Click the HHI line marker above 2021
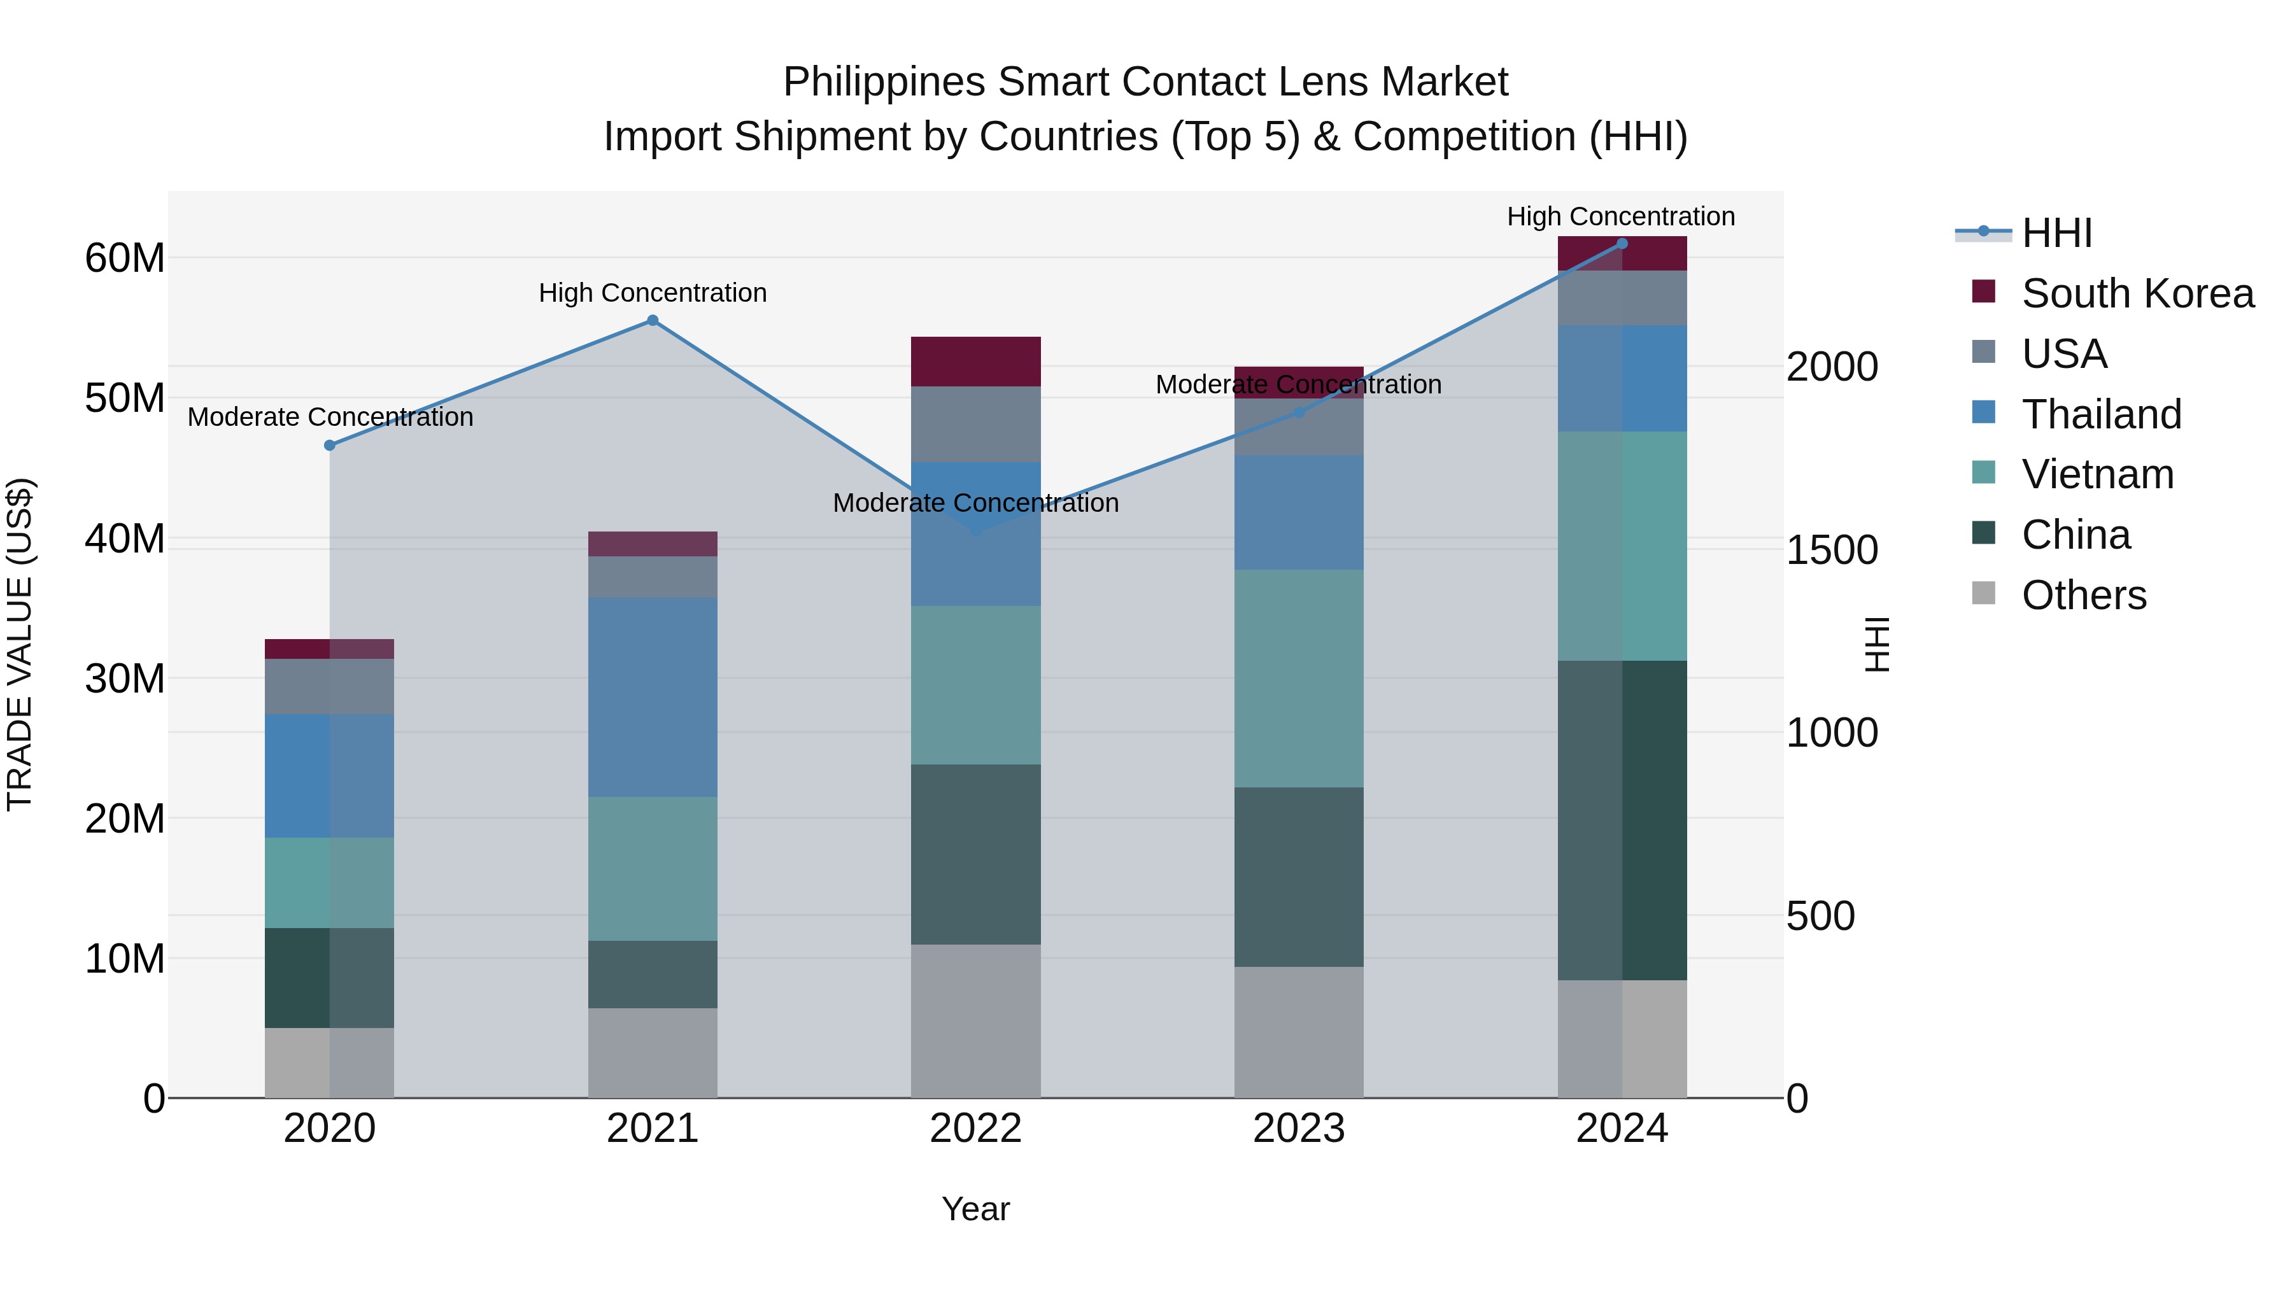click(652, 320)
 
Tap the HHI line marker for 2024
click(1621, 244)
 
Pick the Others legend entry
click(2083, 595)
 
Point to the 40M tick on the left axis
click(125, 538)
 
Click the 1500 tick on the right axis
click(1832, 550)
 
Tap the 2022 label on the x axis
click(975, 1129)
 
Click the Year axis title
click(975, 1209)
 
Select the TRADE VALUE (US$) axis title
click(20, 644)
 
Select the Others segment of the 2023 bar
click(1298, 1032)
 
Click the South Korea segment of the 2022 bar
click(975, 361)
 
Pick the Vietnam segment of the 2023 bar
click(1298, 678)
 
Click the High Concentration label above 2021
click(652, 293)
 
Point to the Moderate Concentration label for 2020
click(330, 416)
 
